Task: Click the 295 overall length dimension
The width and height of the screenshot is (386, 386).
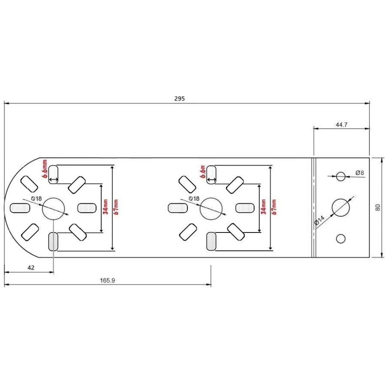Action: pos(179,99)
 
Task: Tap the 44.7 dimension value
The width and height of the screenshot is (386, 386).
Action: pos(341,125)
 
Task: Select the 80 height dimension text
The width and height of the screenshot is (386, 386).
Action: pos(378,208)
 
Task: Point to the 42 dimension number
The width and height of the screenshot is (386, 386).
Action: pos(31,268)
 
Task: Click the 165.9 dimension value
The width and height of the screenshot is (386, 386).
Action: pos(107,280)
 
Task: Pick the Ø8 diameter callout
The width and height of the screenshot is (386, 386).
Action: pos(360,173)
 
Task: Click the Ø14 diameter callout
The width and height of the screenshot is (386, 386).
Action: pos(320,220)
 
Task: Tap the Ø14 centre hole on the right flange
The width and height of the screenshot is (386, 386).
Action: pos(341,208)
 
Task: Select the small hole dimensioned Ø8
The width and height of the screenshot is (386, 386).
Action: pos(341,176)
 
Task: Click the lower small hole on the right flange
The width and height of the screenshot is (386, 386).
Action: pos(341,238)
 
